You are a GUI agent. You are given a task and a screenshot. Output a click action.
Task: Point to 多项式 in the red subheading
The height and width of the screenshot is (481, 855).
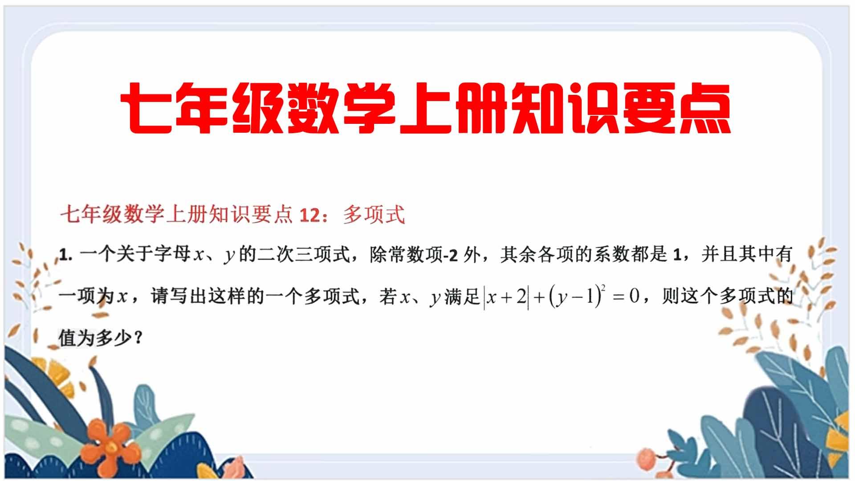click(374, 216)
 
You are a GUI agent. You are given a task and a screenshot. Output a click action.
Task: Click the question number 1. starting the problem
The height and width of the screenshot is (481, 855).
click(65, 256)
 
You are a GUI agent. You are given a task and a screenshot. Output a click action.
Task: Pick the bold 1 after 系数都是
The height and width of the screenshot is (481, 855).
click(678, 255)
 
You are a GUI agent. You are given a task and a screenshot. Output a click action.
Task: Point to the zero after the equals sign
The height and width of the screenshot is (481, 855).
click(634, 297)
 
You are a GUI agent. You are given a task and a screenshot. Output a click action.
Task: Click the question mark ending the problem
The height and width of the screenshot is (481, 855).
click(138, 339)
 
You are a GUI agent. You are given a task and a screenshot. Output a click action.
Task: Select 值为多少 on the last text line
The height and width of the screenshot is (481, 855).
click(95, 339)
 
